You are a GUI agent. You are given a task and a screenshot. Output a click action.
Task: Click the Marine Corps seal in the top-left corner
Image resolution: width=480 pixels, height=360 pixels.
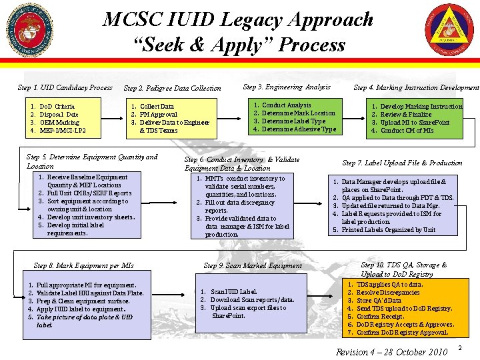(29, 31)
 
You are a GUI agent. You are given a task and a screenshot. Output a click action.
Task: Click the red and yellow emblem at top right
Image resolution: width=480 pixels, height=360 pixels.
(449, 30)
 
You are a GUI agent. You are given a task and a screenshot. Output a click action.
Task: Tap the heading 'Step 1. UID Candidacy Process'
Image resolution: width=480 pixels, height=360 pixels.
(65, 87)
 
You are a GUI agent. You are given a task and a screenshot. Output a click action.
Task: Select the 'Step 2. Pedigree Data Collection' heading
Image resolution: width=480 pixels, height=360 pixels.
(173, 88)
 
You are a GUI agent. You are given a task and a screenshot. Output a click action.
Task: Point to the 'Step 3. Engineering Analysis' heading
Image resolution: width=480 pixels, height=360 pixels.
(287, 87)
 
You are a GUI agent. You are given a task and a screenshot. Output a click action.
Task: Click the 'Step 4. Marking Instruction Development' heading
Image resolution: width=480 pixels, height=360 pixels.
(416, 87)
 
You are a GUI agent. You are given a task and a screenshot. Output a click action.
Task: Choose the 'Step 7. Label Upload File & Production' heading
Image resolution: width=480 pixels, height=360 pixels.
(402, 163)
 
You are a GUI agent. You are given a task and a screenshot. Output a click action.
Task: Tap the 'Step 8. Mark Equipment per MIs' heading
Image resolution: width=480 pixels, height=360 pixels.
(84, 265)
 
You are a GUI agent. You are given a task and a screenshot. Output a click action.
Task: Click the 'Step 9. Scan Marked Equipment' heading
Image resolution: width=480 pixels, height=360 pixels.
(253, 265)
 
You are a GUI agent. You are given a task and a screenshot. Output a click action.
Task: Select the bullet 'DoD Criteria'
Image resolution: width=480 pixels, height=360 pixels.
(57, 107)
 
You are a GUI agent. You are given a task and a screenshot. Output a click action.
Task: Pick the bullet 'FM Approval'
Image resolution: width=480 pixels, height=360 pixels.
(159, 115)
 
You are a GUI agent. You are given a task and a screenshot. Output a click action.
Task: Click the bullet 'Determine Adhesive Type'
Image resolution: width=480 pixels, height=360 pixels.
(299, 129)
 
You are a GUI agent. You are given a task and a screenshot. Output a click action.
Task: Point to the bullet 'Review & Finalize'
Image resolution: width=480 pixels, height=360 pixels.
(406, 115)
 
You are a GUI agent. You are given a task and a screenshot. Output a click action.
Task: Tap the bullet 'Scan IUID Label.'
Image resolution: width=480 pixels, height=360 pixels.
(234, 292)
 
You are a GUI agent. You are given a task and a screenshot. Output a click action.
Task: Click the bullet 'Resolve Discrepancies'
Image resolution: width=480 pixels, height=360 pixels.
(388, 293)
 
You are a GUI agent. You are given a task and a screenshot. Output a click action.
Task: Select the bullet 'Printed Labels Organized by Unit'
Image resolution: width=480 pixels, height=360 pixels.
(389, 230)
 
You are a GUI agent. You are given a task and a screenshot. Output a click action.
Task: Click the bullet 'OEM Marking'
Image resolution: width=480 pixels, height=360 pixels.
(59, 122)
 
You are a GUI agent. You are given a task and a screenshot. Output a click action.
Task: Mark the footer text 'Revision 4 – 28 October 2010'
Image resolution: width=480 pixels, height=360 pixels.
(391, 351)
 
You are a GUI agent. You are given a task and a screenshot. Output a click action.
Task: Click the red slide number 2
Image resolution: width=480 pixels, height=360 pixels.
(460, 349)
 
